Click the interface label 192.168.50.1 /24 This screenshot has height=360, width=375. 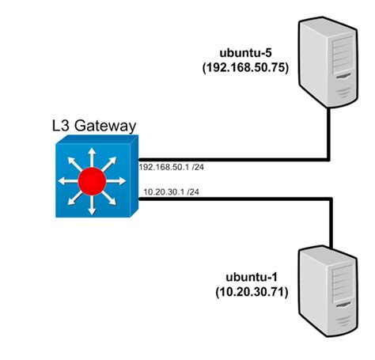172,167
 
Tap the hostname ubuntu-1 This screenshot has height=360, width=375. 247,279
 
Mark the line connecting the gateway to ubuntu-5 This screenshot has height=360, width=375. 237,158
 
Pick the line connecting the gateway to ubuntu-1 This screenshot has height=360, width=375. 237,199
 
